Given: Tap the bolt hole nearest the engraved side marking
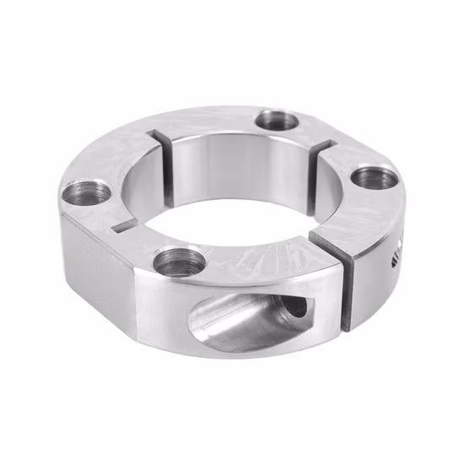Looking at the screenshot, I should (x=371, y=179).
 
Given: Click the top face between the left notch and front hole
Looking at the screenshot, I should (x=135, y=245).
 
